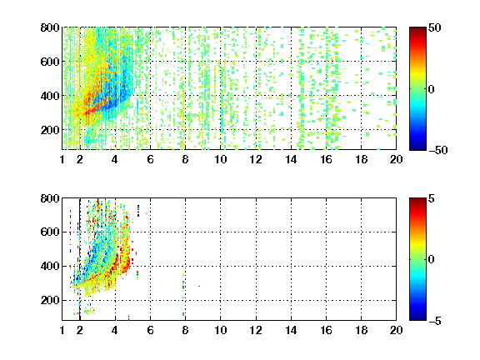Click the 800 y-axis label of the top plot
coord(50,27)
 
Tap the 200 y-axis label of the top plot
coord(50,130)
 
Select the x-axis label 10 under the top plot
coord(220,159)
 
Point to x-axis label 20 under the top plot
coord(396,159)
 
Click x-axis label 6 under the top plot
coord(150,159)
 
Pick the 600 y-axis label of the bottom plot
coord(50,232)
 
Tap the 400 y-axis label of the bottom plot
coord(50,266)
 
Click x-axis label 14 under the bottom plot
coord(291,330)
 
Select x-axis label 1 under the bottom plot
coord(62,330)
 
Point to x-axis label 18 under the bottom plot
coord(361,330)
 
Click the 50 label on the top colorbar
coord(434,27)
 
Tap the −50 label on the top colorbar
coord(437,150)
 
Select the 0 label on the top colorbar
coord(432,89)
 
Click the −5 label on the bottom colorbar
coord(435,321)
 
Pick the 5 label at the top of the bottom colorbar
coord(432,198)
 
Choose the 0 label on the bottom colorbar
coord(432,260)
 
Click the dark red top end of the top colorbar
coord(417,30)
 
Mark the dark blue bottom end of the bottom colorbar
coord(417,317)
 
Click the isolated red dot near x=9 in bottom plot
coord(199,286)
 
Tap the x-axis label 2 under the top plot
coord(80,159)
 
